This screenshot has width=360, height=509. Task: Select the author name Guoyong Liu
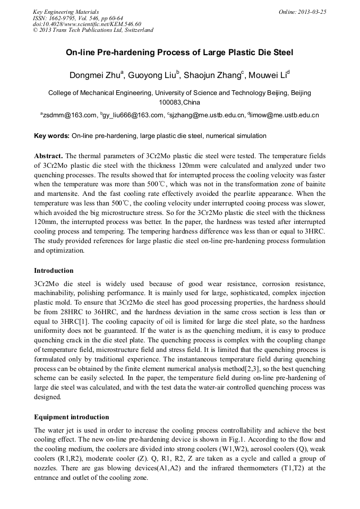click(x=152, y=74)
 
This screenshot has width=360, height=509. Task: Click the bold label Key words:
click(x=52, y=136)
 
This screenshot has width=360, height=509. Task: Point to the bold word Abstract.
click(x=49, y=156)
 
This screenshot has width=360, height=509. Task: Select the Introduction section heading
click(x=54, y=271)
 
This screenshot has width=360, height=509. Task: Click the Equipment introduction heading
click(x=72, y=417)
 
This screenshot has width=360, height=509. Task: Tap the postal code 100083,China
click(x=179, y=102)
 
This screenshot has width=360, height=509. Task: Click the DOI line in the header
click(x=85, y=24)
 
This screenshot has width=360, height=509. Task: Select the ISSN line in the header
click(x=78, y=18)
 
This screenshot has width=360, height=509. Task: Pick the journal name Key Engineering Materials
click(x=66, y=12)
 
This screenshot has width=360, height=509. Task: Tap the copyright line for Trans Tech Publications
click(x=93, y=30)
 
